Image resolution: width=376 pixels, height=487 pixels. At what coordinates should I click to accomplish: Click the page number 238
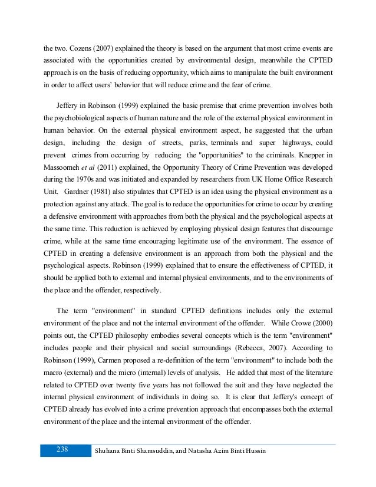62,450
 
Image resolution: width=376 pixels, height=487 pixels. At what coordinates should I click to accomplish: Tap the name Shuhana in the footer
113,451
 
